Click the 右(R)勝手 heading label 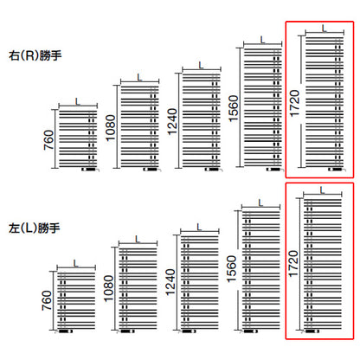(35, 55)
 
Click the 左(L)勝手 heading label (35, 228)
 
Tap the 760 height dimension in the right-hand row (48, 140)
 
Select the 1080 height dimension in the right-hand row (111, 128)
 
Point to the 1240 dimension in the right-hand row (172, 122)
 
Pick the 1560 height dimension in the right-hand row (234, 108)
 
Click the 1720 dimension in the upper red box (294, 103)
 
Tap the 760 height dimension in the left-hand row (47, 300)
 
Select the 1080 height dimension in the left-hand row (109, 288)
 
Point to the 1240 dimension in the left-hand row (170, 282)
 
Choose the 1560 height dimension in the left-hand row (232, 269)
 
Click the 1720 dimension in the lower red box (293, 264)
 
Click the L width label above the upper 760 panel (78, 101)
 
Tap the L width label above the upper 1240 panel (201, 65)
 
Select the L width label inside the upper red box (325, 29)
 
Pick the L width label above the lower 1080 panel (138, 239)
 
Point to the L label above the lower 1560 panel (260, 203)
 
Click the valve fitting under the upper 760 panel (90, 170)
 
